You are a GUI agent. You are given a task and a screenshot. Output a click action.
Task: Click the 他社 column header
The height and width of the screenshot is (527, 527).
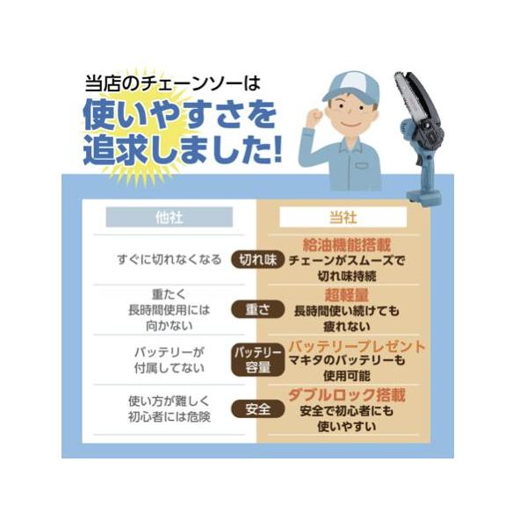pyautogui.click(x=170, y=217)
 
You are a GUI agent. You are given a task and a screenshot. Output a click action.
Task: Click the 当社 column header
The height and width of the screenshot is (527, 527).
pyautogui.click(x=343, y=217)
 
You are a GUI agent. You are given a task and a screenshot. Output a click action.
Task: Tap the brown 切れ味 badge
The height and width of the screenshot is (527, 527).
pyautogui.click(x=257, y=259)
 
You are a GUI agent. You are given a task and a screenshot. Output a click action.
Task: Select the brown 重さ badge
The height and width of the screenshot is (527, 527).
pyautogui.click(x=257, y=309)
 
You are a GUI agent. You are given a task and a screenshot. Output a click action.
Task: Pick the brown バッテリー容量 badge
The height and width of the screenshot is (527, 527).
pyautogui.click(x=257, y=359)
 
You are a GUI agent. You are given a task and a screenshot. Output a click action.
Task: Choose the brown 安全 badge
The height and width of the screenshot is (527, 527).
pyautogui.click(x=257, y=409)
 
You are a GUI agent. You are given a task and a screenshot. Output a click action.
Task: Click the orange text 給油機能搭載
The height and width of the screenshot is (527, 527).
pyautogui.click(x=347, y=244)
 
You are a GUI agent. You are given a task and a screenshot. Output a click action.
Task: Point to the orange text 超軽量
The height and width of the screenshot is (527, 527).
pyautogui.click(x=347, y=294)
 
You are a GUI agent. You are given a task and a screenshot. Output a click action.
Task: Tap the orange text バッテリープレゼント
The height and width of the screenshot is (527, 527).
pyautogui.click(x=357, y=346)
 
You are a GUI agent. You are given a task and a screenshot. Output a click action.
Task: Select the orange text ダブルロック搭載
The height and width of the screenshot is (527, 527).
pyautogui.click(x=347, y=395)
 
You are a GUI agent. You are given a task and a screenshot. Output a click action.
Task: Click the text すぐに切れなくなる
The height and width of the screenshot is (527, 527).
pyautogui.click(x=170, y=259)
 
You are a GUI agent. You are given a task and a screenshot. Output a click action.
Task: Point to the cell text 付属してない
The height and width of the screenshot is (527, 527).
pyautogui.click(x=170, y=368)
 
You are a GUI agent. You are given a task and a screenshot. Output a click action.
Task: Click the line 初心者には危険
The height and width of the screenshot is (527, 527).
pyautogui.click(x=170, y=416)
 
